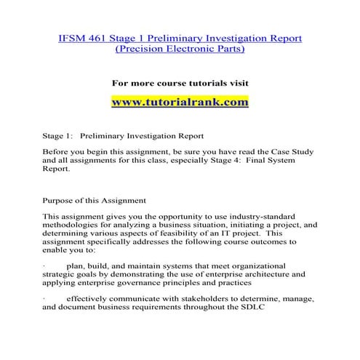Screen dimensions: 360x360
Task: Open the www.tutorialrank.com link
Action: click(x=180, y=102)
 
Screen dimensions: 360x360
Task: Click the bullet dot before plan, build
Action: click(x=45, y=266)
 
